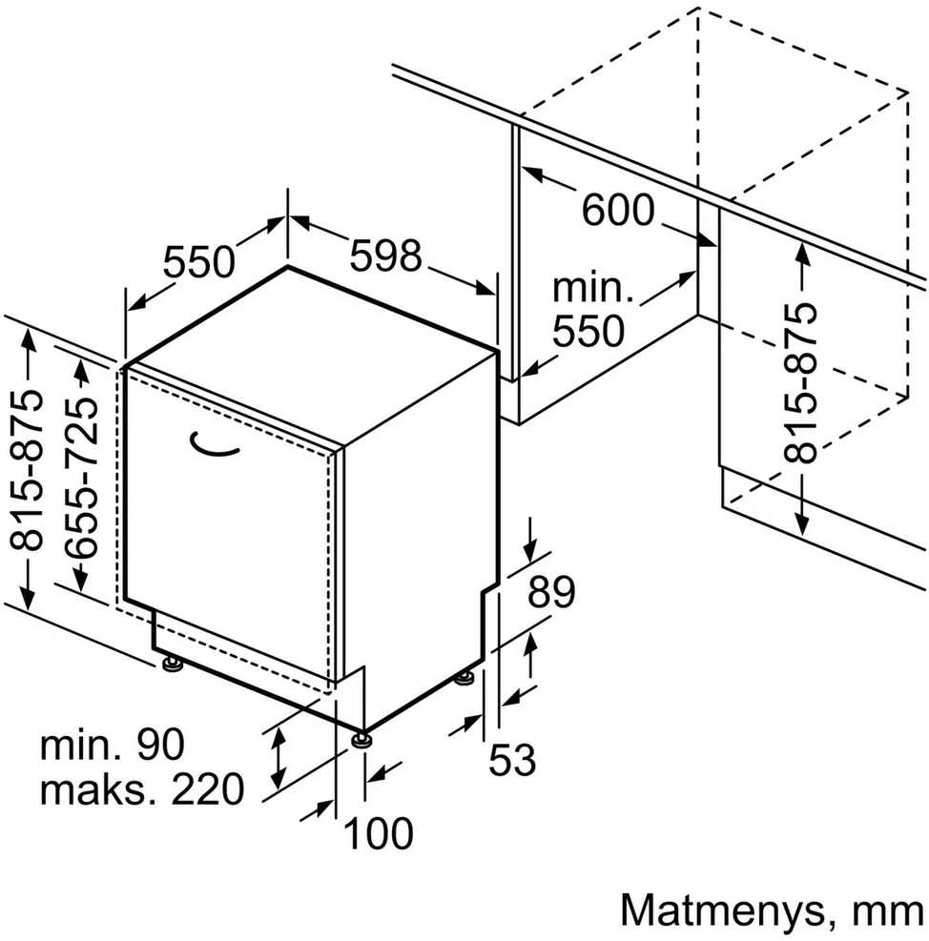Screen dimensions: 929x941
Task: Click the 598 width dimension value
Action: (x=386, y=256)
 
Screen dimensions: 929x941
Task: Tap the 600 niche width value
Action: (x=618, y=210)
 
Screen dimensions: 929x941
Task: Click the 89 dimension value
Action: (x=551, y=591)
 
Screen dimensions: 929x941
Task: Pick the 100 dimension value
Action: (x=379, y=833)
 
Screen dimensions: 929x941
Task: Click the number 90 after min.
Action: (x=160, y=745)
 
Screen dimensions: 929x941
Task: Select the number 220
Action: (x=208, y=789)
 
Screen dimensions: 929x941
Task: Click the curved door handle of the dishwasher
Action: (x=214, y=444)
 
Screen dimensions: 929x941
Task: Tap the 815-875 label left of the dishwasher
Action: (x=27, y=470)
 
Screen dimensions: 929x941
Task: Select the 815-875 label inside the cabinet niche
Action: (x=800, y=382)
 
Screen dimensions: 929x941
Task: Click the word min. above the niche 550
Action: (x=592, y=288)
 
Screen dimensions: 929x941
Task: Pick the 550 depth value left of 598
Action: (x=198, y=261)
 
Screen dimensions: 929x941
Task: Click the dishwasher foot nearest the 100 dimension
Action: (x=361, y=738)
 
